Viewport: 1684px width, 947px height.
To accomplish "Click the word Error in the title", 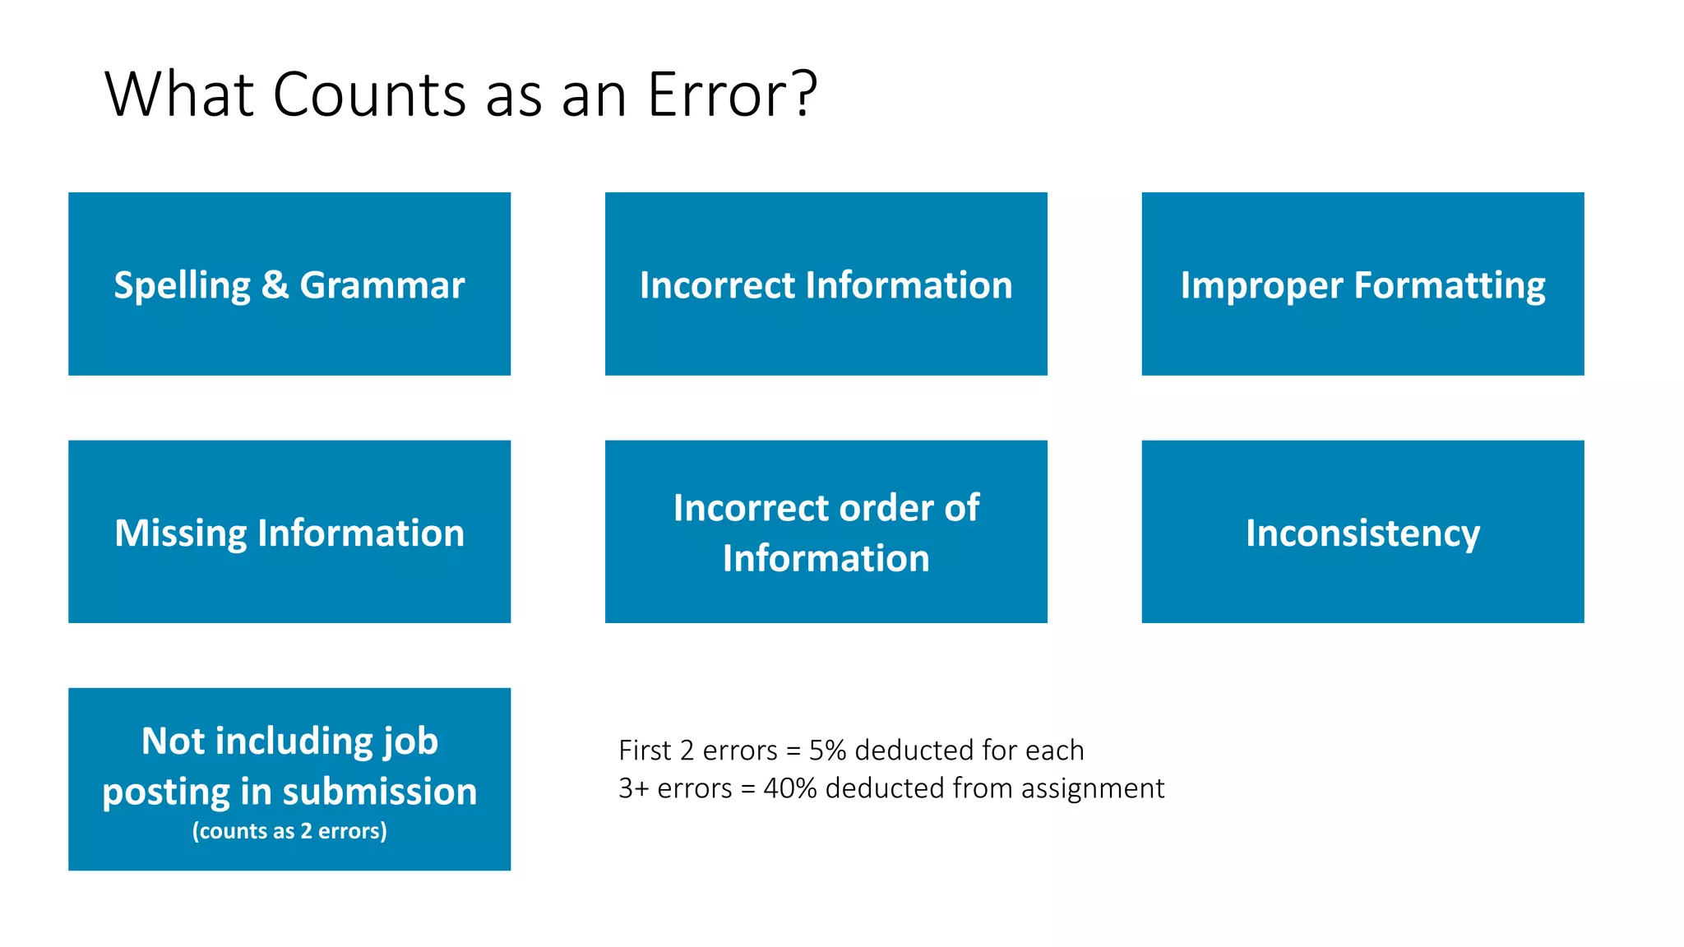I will click(720, 95).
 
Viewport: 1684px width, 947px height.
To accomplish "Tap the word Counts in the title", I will click(369, 95).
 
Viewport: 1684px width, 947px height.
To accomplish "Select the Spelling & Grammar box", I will click(289, 284).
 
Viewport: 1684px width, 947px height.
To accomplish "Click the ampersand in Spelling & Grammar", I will click(275, 285).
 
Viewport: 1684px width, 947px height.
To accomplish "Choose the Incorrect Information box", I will click(826, 284).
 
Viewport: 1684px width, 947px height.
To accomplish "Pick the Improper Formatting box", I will click(1362, 284).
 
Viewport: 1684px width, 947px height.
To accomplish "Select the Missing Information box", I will click(289, 532).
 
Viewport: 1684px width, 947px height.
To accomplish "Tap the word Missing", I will click(180, 534).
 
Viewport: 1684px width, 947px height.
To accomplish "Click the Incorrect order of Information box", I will click(826, 532).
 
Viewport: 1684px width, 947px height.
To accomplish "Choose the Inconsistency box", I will click(1362, 532).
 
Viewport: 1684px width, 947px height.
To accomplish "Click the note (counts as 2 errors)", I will click(289, 831).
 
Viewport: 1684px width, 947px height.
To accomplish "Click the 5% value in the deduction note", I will click(827, 751).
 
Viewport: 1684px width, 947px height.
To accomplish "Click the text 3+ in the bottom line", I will click(634, 788).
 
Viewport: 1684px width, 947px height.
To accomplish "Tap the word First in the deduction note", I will click(645, 751).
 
